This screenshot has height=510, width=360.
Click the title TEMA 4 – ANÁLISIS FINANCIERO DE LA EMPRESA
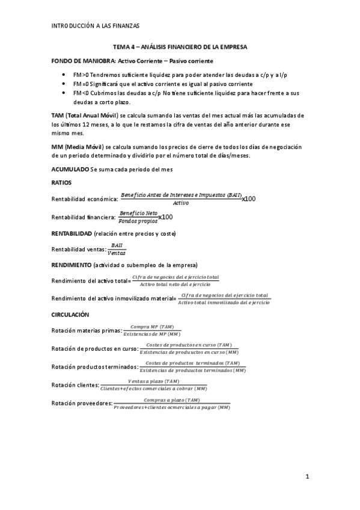pyautogui.click(x=180, y=47)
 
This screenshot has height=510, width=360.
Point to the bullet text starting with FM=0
pyautogui.click(x=162, y=84)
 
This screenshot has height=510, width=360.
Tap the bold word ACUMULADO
pyautogui.click(x=70, y=170)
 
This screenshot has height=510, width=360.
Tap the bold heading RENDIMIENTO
pyautogui.click(x=72, y=265)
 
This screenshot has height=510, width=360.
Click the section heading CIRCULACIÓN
pyautogui.click(x=70, y=315)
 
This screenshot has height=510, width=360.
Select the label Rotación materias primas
pyautogui.click(x=87, y=331)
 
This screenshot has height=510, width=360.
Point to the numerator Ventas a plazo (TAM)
pyautogui.click(x=154, y=381)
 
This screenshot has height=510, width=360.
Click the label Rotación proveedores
pyautogui.click(x=82, y=404)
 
